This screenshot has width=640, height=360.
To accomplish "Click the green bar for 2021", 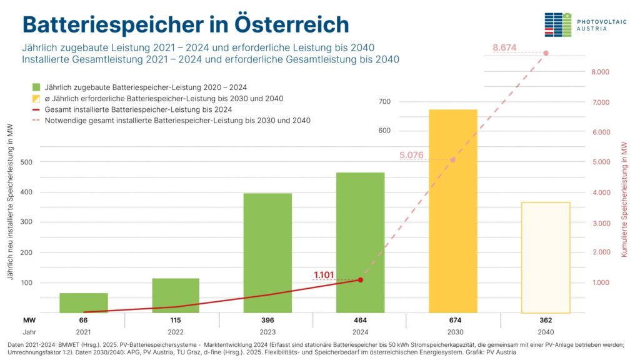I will [84, 302].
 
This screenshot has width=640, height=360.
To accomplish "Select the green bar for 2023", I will [267, 253].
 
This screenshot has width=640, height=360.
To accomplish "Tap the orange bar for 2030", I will [453, 211].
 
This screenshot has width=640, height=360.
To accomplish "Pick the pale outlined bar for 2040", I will [546, 257].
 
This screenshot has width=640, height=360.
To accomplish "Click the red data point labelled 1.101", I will [361, 279].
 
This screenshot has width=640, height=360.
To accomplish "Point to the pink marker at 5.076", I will [453, 160].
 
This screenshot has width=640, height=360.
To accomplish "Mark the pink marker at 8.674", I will [546, 53].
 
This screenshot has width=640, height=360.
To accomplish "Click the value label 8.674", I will [504, 47].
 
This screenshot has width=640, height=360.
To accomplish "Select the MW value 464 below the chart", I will [361, 320].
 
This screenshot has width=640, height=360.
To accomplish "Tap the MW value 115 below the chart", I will [176, 320].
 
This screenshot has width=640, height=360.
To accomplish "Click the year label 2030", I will [453, 332].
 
